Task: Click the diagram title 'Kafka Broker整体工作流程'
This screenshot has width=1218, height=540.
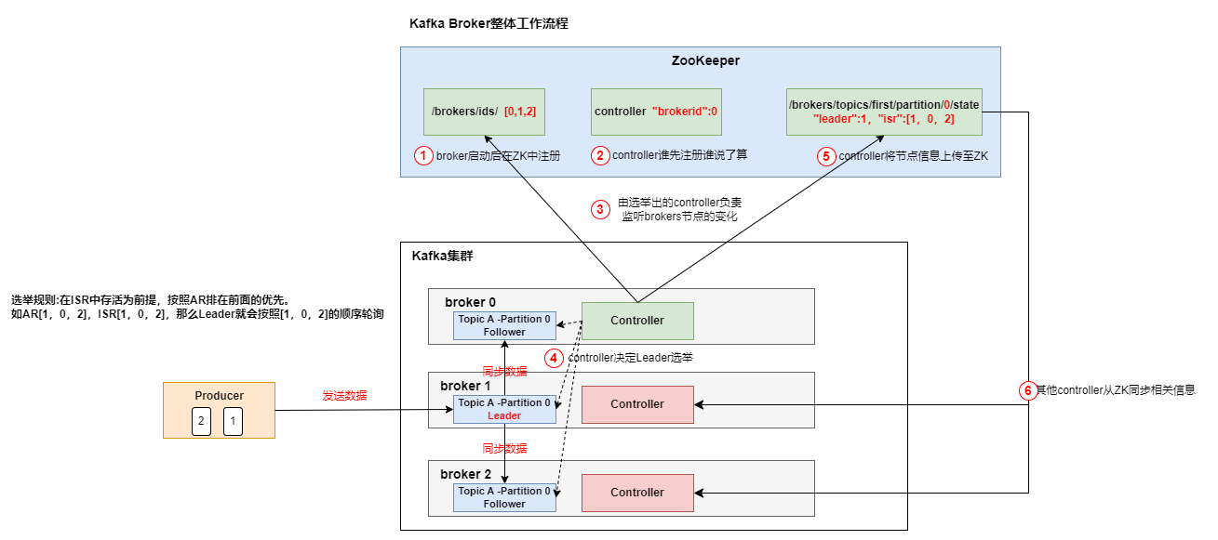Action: click(489, 24)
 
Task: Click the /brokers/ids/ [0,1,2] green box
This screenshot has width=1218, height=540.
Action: click(483, 112)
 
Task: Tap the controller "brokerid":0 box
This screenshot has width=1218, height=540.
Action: click(655, 112)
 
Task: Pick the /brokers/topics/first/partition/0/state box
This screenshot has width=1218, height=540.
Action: click(883, 112)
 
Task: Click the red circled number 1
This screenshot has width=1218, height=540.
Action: click(423, 155)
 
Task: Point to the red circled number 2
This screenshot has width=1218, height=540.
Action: click(600, 155)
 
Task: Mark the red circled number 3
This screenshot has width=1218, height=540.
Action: click(600, 209)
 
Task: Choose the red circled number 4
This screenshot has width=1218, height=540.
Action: click(554, 358)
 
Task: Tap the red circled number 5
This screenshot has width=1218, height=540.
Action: click(826, 155)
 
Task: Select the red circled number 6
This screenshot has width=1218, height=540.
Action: click(1028, 390)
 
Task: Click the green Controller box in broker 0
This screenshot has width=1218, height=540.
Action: click(637, 321)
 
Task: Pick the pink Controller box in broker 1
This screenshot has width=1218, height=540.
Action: click(637, 404)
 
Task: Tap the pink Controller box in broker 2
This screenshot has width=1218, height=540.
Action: click(637, 493)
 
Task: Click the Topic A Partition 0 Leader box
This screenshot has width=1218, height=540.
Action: click(504, 409)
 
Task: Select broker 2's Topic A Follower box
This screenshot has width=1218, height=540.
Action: click(504, 497)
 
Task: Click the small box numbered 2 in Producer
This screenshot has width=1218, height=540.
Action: click(200, 422)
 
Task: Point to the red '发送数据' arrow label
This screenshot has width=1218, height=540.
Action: click(345, 396)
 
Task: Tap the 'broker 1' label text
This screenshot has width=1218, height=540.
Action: click(465, 385)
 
